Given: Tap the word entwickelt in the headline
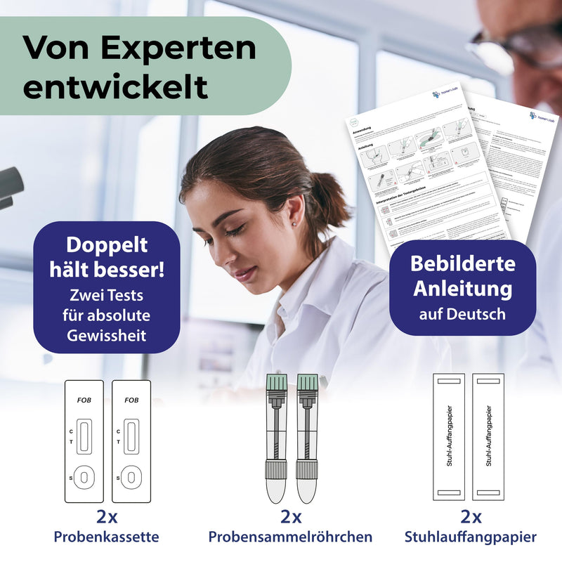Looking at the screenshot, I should pyautogui.click(x=115, y=87).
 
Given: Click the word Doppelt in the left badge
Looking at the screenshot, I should pyautogui.click(x=107, y=245).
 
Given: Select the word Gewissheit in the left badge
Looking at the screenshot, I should pyautogui.click(x=107, y=335).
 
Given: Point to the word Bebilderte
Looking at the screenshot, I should pyautogui.click(x=463, y=263).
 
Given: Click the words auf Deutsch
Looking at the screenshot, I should pyautogui.click(x=462, y=313).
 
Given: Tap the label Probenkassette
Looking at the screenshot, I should pyautogui.click(x=107, y=537).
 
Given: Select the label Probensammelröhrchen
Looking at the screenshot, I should pyautogui.click(x=290, y=537).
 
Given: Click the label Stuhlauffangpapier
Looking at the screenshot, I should pyautogui.click(x=471, y=537).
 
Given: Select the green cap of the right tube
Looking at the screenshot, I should pyautogui.click(x=307, y=384).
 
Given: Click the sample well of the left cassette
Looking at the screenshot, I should pyautogui.click(x=84, y=478).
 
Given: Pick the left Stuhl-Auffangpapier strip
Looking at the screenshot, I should pyautogui.click(x=448, y=436).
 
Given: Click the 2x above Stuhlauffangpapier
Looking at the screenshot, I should pyautogui.click(x=471, y=518).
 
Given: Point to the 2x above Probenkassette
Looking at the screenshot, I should pyautogui.click(x=107, y=518).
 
